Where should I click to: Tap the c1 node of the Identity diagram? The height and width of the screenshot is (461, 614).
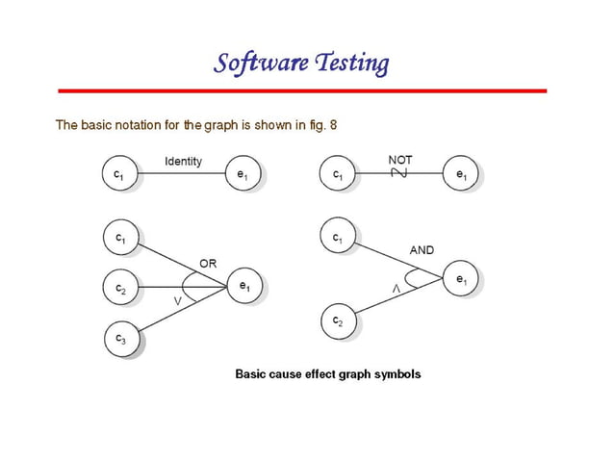point(119,175)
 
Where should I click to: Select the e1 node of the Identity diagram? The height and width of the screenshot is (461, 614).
point(241,175)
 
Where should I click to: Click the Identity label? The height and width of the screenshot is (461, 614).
point(183,161)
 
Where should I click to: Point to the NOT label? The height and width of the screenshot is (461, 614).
point(400,159)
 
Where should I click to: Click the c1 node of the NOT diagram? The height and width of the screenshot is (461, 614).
point(337,175)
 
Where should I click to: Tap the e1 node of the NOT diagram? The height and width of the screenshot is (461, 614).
point(461,175)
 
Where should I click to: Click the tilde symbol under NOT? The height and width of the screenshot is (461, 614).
point(400,173)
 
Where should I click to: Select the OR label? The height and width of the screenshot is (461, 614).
point(208,263)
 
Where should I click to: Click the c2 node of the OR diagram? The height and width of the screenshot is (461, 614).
point(119,287)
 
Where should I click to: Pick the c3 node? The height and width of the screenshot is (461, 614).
point(119,338)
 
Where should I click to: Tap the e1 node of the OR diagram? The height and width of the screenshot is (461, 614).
point(245,286)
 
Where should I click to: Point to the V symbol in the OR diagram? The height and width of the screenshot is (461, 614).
point(177,301)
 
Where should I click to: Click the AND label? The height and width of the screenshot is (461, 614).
point(422,250)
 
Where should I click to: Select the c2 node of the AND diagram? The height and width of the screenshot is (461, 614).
point(337,320)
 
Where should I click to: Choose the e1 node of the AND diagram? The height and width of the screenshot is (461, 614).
point(462,280)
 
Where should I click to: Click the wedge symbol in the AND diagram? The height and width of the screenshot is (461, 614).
point(394,290)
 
